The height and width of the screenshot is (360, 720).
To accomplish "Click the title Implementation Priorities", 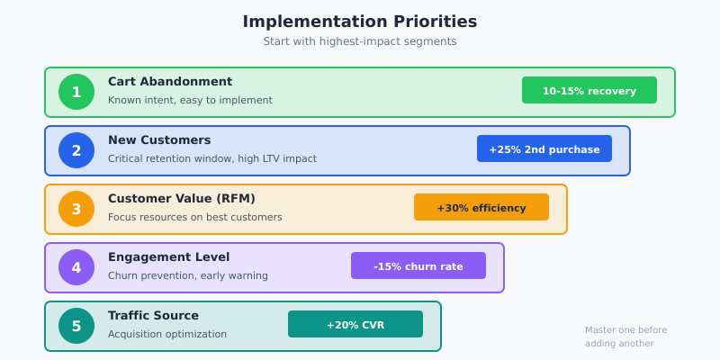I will click(x=360, y=22).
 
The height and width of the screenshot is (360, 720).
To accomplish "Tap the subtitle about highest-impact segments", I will click(x=360, y=41).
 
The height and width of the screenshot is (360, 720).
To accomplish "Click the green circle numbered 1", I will click(x=76, y=92).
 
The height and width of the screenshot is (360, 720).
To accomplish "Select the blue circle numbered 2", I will click(x=76, y=150).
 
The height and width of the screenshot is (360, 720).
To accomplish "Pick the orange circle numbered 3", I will click(x=76, y=209).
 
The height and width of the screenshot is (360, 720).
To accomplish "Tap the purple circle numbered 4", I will click(x=76, y=267).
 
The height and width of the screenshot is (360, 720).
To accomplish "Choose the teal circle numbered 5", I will click(x=76, y=326).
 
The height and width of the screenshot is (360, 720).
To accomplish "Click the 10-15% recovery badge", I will click(x=589, y=90).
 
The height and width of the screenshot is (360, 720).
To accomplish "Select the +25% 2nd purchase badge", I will click(x=544, y=148).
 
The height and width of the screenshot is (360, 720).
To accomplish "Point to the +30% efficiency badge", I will click(x=481, y=207).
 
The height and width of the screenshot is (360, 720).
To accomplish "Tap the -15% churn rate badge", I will click(x=418, y=265).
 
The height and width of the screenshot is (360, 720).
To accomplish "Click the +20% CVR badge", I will click(x=355, y=324).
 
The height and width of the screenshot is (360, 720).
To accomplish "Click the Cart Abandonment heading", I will click(x=170, y=82).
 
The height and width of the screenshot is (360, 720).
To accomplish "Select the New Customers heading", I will click(x=159, y=140).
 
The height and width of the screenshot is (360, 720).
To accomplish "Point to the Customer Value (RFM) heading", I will click(x=182, y=199).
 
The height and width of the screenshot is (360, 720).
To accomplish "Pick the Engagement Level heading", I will click(x=168, y=257).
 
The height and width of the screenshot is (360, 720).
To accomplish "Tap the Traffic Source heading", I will click(x=153, y=316).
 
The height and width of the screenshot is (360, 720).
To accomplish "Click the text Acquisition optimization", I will click(x=167, y=334).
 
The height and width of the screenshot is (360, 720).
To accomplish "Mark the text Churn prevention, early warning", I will click(x=188, y=275).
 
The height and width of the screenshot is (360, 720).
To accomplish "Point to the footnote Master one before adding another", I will click(x=626, y=337).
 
